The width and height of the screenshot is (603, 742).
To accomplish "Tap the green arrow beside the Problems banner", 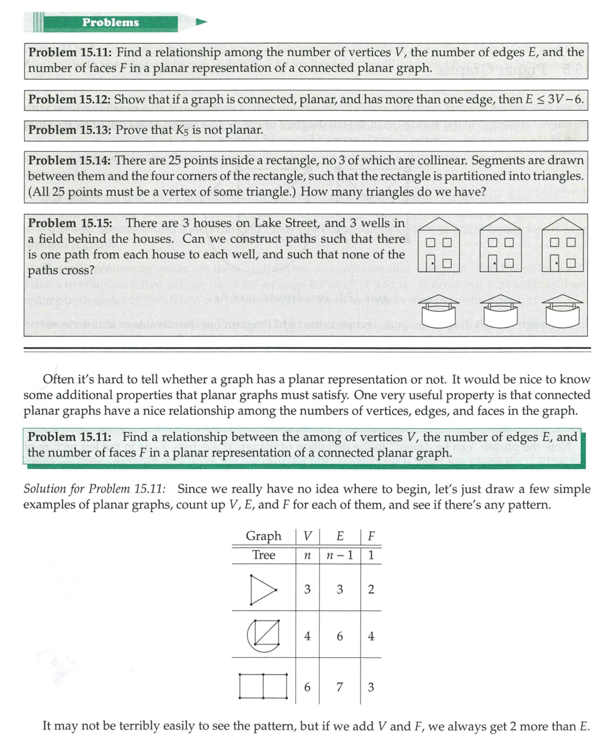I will pyautogui.click(x=201, y=23).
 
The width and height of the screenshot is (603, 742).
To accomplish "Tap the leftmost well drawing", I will pyautogui.click(x=438, y=311).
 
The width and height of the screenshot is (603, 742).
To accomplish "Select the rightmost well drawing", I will pyautogui.click(x=562, y=311).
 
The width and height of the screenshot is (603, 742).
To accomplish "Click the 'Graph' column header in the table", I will pyautogui.click(x=263, y=536).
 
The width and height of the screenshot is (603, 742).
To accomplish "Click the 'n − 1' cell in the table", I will pyautogui.click(x=339, y=555).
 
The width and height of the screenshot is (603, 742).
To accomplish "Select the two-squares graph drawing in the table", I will pyautogui.click(x=263, y=686).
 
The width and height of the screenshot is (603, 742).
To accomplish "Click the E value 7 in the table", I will pyautogui.click(x=339, y=687).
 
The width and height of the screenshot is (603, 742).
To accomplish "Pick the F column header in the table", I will pyautogui.click(x=371, y=536).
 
